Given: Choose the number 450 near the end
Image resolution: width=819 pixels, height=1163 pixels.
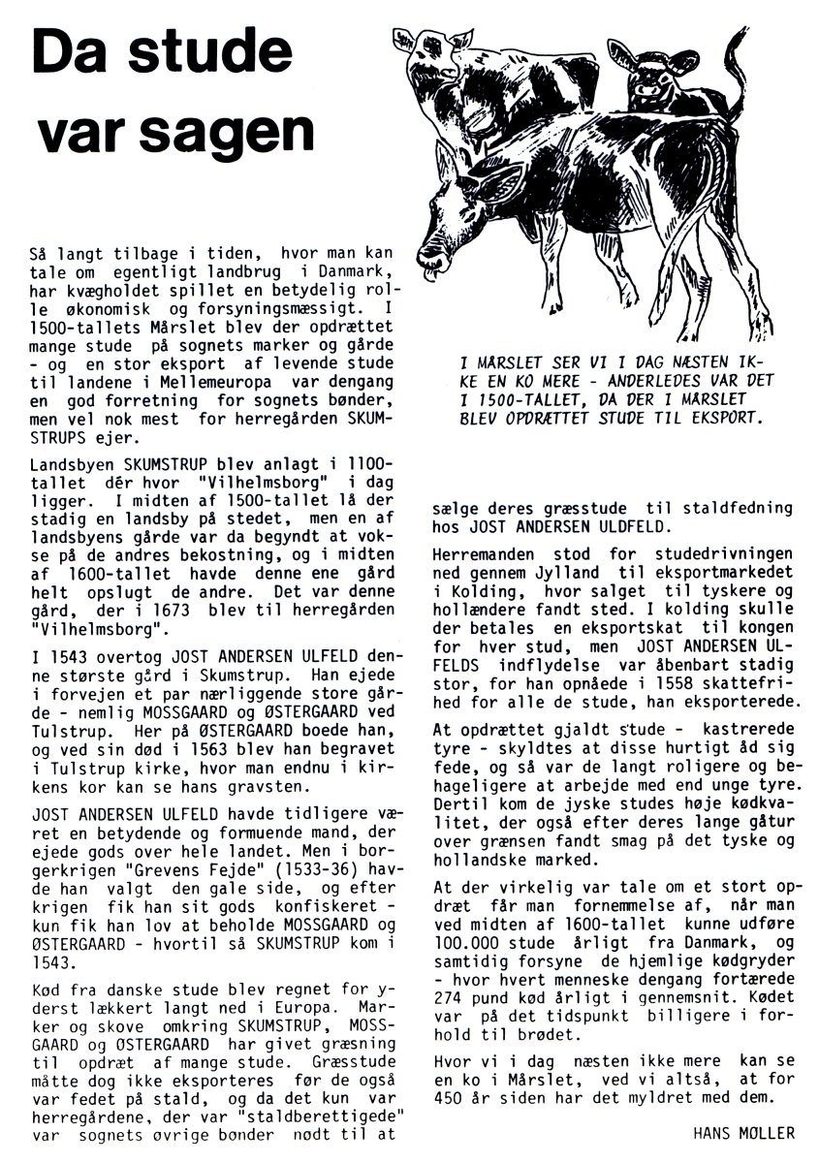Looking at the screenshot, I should click(452, 1098).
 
